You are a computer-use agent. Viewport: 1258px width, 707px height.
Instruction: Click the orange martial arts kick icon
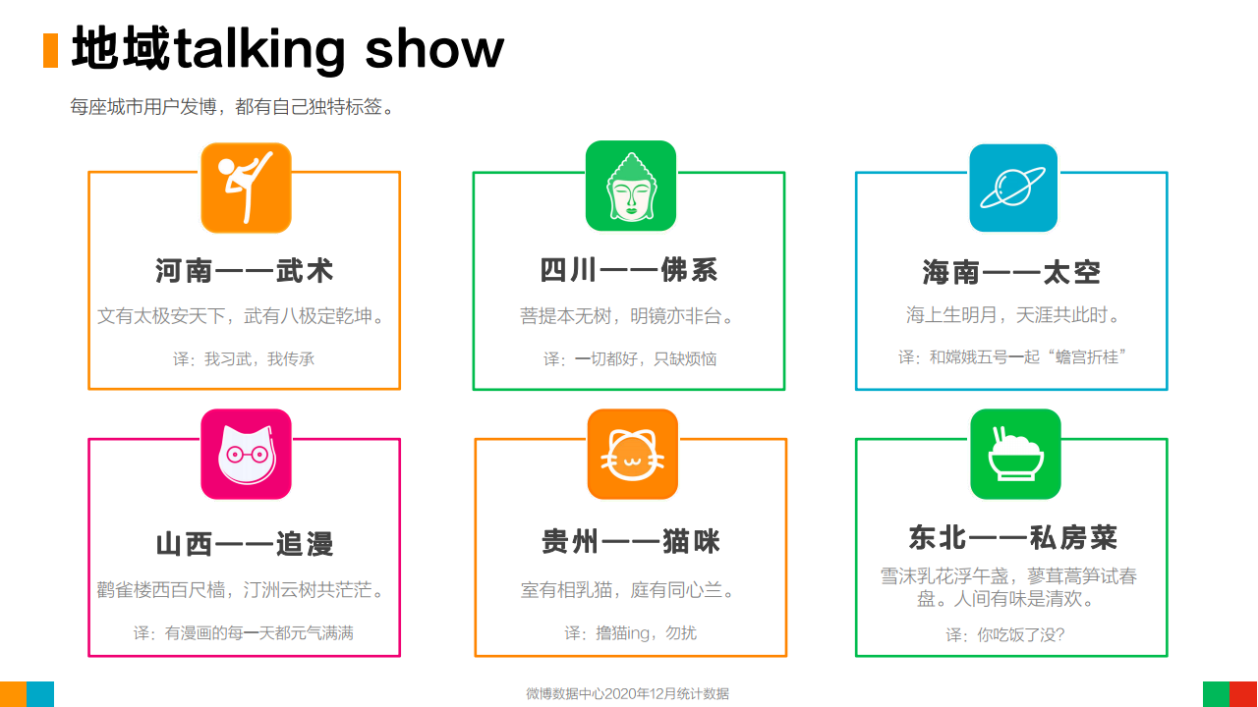click(x=246, y=188)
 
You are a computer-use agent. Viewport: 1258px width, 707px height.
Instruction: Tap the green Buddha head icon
click(x=631, y=186)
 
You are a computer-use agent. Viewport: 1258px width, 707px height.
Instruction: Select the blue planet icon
click(x=1013, y=188)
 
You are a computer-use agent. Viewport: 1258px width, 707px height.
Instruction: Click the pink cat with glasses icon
click(x=246, y=454)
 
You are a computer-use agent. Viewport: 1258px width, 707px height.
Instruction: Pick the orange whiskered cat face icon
click(x=632, y=454)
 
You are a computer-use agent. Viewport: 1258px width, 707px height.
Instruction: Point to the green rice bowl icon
click(x=1015, y=454)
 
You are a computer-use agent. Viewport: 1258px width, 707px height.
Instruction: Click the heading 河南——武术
click(x=245, y=271)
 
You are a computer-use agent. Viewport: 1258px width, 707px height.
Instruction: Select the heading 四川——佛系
click(x=629, y=270)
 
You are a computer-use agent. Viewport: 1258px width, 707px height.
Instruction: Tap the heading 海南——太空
click(x=1011, y=272)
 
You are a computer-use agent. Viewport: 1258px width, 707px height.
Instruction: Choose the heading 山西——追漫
click(x=245, y=544)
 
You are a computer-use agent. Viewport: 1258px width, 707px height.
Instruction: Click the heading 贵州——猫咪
click(x=631, y=541)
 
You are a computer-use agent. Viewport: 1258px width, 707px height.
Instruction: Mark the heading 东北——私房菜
click(x=1013, y=537)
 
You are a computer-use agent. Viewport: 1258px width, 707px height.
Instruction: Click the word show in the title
click(x=434, y=49)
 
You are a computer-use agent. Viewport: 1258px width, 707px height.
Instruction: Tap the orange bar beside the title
click(x=50, y=50)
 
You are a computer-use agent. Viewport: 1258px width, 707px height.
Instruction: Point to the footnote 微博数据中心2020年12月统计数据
click(x=627, y=694)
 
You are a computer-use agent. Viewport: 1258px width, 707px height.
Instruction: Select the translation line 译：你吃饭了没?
click(x=1005, y=634)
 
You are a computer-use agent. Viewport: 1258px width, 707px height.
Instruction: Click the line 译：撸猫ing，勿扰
click(x=631, y=633)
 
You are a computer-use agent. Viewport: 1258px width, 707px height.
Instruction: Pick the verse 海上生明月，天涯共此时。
click(x=1013, y=315)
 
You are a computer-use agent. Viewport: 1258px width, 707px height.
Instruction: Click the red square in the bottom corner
click(x=1243, y=694)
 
